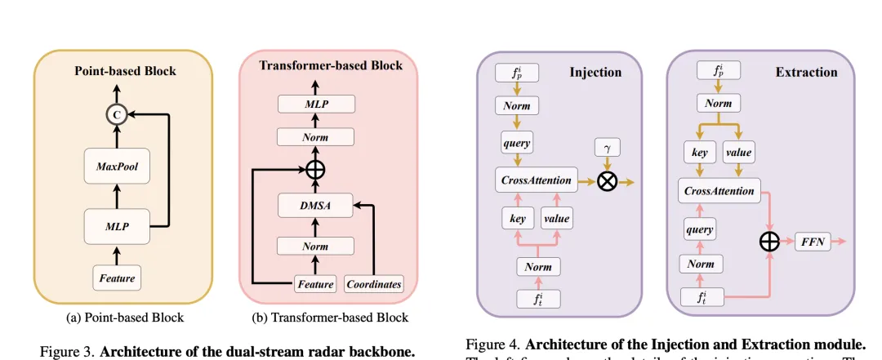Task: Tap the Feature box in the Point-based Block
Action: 116,277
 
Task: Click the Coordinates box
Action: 373,283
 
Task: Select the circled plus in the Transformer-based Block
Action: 315,171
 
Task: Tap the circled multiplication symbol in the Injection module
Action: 607,180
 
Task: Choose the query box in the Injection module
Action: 517,143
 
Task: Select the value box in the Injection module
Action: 555,218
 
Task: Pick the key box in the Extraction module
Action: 699,152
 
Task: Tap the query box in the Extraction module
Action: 700,229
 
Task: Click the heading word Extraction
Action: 805,72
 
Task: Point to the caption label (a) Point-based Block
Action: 124,317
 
